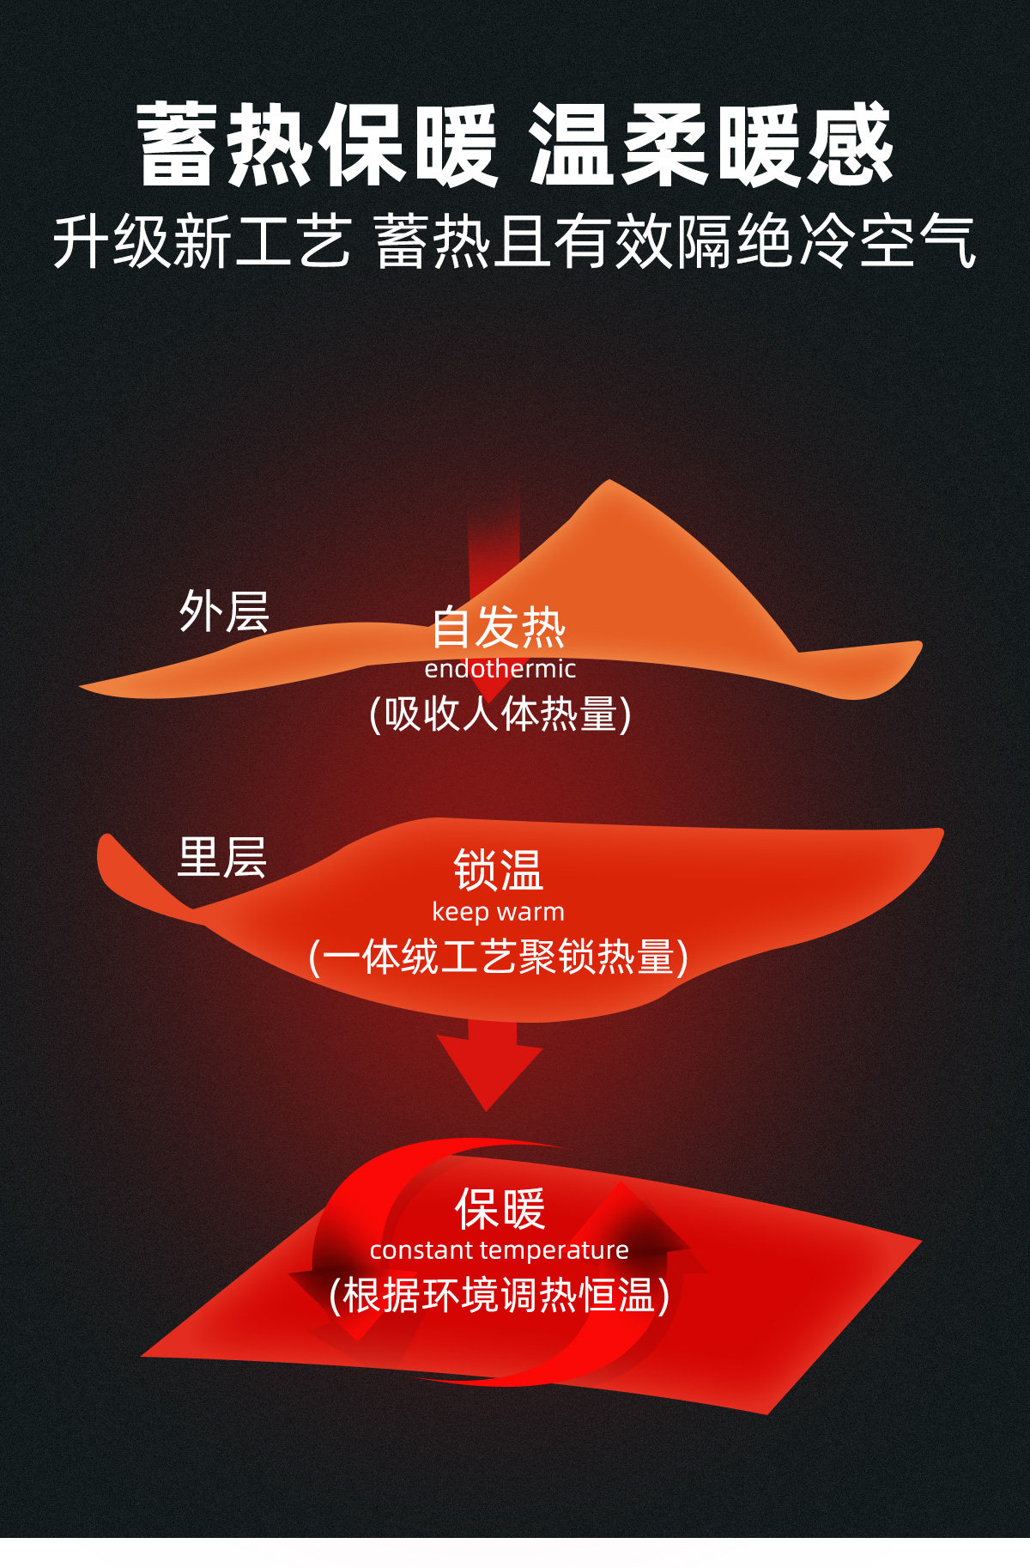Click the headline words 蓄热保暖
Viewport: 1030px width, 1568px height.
[x=318, y=144]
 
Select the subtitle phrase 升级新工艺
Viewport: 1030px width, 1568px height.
[x=203, y=241]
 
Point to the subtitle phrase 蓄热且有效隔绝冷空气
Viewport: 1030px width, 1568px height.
[x=676, y=241]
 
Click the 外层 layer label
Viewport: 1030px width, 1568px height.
[x=224, y=611]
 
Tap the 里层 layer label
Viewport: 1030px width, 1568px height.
[x=222, y=858]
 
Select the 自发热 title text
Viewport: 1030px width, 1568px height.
[x=499, y=627]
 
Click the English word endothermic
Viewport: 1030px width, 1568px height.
[x=500, y=669]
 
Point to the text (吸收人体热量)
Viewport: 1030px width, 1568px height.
[x=500, y=714]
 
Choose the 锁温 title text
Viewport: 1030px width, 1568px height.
[x=499, y=870]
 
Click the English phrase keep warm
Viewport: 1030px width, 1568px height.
[x=499, y=911]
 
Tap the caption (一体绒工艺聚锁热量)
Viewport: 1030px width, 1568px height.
[x=499, y=957]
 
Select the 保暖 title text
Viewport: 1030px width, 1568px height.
[x=500, y=1208]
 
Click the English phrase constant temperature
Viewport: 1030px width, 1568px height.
[x=500, y=1250]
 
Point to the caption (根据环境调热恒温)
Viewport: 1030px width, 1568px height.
[x=500, y=1295]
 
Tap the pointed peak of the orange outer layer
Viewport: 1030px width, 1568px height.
[x=609, y=484]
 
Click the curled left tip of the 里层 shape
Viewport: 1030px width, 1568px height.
[x=106, y=846]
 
